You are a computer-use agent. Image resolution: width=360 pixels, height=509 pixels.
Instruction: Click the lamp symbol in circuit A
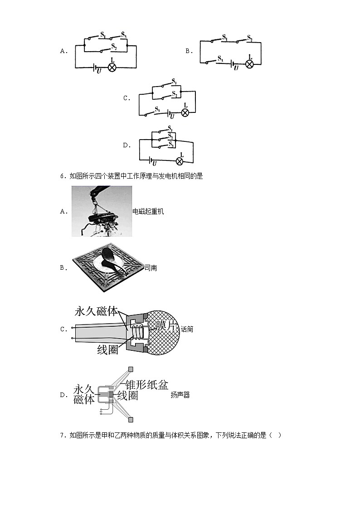(112, 68)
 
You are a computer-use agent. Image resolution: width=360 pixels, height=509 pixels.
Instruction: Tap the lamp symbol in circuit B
(249, 64)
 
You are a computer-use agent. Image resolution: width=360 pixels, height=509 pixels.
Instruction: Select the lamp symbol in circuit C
(185, 112)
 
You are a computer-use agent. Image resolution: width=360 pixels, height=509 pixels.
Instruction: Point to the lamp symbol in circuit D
(180, 161)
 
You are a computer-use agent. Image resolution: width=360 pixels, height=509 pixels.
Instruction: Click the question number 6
(62, 176)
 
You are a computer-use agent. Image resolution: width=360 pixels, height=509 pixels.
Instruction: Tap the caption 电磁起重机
(148, 212)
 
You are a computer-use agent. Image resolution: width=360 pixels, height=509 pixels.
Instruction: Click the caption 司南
(151, 268)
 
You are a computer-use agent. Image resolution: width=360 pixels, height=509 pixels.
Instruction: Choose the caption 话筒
(187, 330)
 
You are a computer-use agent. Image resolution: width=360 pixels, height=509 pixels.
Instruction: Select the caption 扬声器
(180, 395)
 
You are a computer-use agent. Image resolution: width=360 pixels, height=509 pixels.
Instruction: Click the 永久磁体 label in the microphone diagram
(97, 312)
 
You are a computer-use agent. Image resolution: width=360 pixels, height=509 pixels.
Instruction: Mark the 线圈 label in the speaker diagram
(127, 396)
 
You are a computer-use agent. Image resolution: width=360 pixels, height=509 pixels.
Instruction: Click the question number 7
(62, 436)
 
